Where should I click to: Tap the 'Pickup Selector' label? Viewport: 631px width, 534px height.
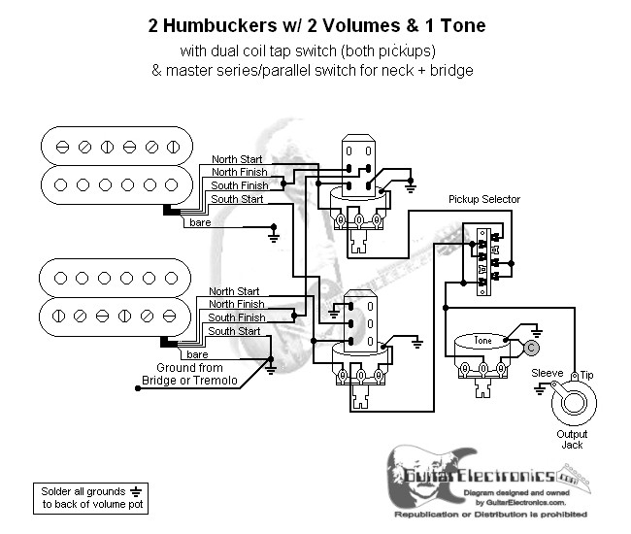click(483, 199)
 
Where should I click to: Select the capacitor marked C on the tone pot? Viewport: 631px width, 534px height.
click(530, 347)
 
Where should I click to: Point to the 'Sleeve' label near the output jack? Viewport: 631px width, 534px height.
click(547, 373)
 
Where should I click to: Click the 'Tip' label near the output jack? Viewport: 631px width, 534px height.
click(586, 373)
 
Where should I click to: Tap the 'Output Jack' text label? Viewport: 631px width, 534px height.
click(572, 438)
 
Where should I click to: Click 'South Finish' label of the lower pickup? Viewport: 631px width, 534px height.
click(236, 317)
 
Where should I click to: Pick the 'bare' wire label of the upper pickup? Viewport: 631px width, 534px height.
click(200, 223)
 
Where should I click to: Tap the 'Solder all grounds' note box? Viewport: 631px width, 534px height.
click(87, 496)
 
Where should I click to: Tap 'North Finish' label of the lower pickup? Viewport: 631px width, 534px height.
click(236, 304)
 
